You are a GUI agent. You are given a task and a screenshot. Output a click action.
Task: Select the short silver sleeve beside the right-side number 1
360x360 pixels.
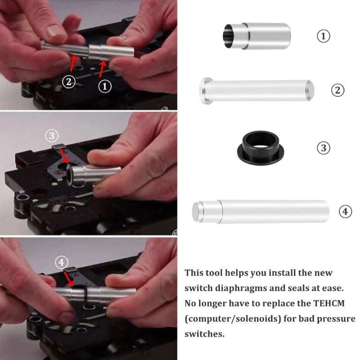click(256, 36)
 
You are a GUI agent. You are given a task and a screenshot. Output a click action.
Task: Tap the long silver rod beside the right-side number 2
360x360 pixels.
click(256, 91)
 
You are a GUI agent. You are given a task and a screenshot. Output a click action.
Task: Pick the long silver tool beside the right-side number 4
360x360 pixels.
click(261, 211)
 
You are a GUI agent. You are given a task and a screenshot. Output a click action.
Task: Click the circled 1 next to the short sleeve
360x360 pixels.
click(324, 36)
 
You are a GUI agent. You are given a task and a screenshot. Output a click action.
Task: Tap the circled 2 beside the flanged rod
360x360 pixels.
click(338, 90)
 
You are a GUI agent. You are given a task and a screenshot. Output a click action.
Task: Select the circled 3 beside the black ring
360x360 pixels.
click(324, 148)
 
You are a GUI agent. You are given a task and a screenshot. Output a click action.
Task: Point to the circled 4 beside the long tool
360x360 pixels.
click(345, 211)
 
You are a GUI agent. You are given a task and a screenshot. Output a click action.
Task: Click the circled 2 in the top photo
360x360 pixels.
click(69, 82)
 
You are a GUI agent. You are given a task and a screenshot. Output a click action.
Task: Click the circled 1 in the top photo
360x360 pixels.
click(105, 86)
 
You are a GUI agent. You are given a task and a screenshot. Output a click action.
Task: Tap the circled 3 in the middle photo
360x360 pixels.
click(52, 136)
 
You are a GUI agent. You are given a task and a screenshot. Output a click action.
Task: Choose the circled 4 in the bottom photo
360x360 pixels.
click(61, 262)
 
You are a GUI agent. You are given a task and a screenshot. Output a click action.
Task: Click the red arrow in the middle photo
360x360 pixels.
click(64, 156)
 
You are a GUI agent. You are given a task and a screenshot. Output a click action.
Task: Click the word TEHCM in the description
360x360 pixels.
click(329, 303)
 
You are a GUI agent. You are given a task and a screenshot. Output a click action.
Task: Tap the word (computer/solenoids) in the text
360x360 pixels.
click(233, 319)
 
